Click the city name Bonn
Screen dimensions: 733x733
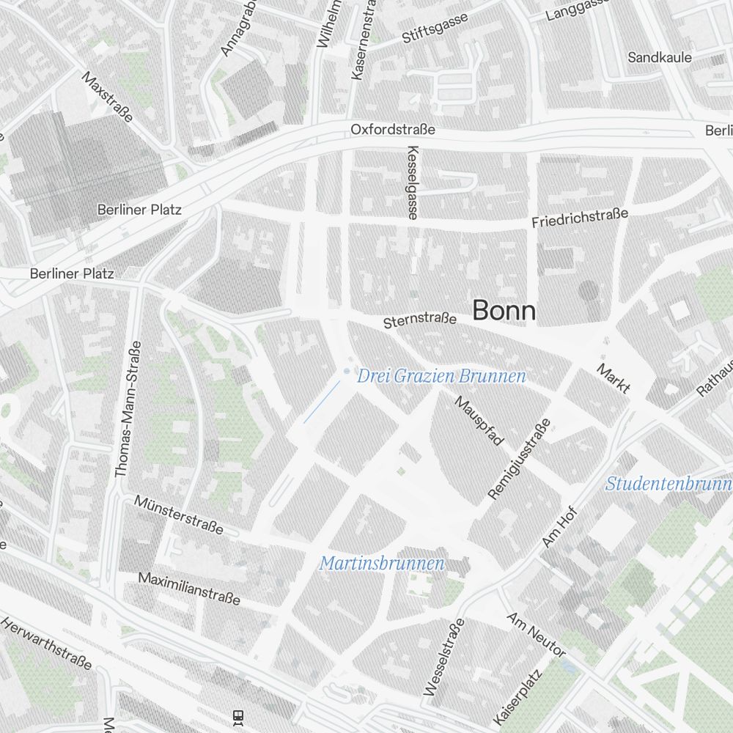[x=504, y=311]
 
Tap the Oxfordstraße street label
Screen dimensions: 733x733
[x=393, y=130]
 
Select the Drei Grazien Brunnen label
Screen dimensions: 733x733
[x=441, y=377]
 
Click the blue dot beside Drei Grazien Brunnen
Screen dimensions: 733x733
[x=347, y=372]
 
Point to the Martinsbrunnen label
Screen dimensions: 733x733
[x=382, y=564]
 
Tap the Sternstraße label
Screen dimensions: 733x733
[x=420, y=321]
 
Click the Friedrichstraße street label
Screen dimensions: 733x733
[x=580, y=218]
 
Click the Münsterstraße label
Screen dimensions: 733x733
[x=179, y=515]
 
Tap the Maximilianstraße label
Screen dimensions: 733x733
[x=189, y=589]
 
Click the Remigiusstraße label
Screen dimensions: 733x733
[x=520, y=460]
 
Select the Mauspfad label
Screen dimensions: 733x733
[x=479, y=421]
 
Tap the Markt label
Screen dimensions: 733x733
[x=614, y=378]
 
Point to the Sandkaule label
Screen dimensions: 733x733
[x=660, y=57]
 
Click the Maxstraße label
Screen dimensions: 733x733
[x=107, y=96]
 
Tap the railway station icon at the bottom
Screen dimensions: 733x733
[x=237, y=715]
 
